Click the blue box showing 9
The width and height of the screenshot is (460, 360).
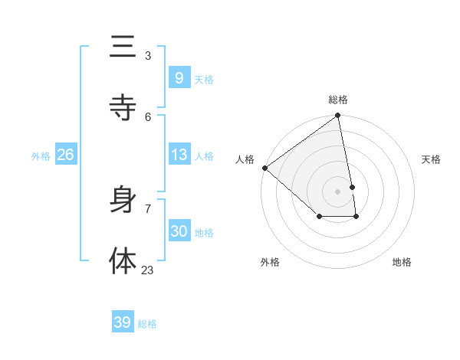pyautogui.click(x=179, y=78)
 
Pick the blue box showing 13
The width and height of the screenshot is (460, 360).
pyautogui.click(x=179, y=155)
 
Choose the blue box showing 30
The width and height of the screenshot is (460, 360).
pyautogui.click(x=179, y=231)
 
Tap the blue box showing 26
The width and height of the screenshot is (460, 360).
pyautogui.click(x=65, y=155)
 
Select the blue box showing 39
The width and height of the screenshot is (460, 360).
pyautogui.click(x=122, y=322)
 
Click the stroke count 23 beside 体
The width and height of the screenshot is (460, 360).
pyautogui.click(x=148, y=270)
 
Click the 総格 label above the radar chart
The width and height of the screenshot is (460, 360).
pyautogui.click(x=338, y=100)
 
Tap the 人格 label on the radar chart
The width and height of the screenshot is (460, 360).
pyautogui.click(x=245, y=159)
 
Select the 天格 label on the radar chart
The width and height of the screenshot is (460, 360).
pyautogui.click(x=432, y=159)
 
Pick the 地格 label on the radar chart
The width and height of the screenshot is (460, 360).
pyautogui.click(x=402, y=262)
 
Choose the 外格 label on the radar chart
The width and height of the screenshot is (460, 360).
pyautogui.click(x=270, y=262)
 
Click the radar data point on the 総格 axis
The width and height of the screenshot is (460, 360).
pyautogui.click(x=338, y=116)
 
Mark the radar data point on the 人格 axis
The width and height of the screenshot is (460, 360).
pyautogui.click(x=264, y=168)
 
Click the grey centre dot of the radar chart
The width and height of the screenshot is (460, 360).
pyautogui.click(x=338, y=191)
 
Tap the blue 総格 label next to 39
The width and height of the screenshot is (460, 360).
pyautogui.click(x=147, y=324)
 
